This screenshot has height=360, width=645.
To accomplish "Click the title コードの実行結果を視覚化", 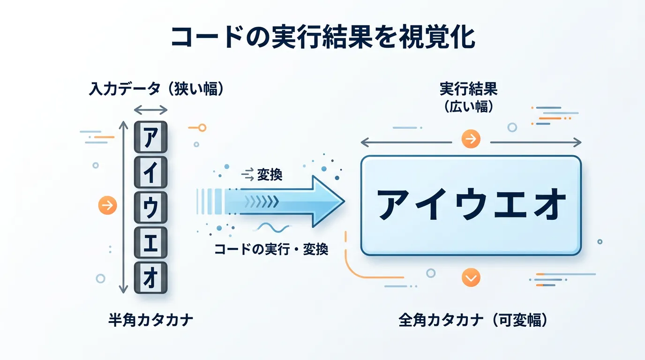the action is [x=323, y=37].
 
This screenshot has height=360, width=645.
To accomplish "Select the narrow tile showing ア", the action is [x=150, y=137].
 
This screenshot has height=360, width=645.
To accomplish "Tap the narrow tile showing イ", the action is [x=150, y=172].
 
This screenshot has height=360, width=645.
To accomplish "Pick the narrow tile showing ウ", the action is [x=150, y=207].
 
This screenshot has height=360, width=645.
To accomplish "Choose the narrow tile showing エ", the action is [x=150, y=242].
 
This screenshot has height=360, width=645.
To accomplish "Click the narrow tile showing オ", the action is [x=150, y=277].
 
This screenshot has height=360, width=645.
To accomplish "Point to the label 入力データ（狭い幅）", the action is [x=157, y=89].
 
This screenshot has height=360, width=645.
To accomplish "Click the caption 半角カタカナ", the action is [x=150, y=320].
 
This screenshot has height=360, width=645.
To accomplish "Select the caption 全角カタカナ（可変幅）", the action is [x=473, y=320].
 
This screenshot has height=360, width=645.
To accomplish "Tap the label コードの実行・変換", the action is [x=271, y=249].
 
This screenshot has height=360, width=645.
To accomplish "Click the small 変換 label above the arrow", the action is [x=270, y=174].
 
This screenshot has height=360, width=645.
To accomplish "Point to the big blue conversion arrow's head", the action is [x=328, y=202].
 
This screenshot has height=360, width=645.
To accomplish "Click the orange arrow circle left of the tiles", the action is [x=107, y=205].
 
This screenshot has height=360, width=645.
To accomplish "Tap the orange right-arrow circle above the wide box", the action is [x=471, y=139].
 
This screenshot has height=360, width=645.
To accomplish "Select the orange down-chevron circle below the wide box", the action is [x=471, y=277].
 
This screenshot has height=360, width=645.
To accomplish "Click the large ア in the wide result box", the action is [x=395, y=204].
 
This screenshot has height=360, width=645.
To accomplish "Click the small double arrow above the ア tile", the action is [x=150, y=110].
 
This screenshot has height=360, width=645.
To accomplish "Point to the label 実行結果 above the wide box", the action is [x=468, y=89].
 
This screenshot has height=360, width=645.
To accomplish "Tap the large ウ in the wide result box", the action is [x=472, y=204].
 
